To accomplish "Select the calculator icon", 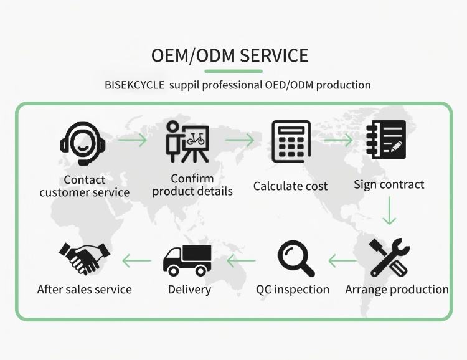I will point(291,141).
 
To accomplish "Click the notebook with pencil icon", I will point(386,140).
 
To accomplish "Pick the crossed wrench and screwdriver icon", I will point(389,257).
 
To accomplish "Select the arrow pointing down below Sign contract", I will point(389,211).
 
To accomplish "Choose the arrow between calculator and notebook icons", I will point(339,141).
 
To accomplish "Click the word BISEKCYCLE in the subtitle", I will point(134,85).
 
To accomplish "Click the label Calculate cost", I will point(290,186).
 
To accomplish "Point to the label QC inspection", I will point(293,290).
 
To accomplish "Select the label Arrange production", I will point(397,290).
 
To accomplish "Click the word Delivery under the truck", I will point(189,290).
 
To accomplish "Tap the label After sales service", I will point(85,290).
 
